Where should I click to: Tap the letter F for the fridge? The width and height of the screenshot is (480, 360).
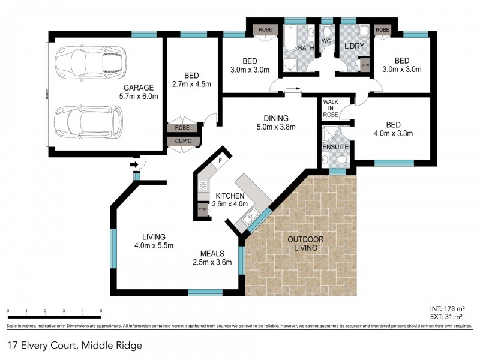point(221,161)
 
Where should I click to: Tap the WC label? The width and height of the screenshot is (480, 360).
point(326,41)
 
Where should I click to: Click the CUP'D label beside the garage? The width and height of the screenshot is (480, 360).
point(183,142)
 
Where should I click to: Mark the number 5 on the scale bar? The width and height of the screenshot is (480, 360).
point(101,311)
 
